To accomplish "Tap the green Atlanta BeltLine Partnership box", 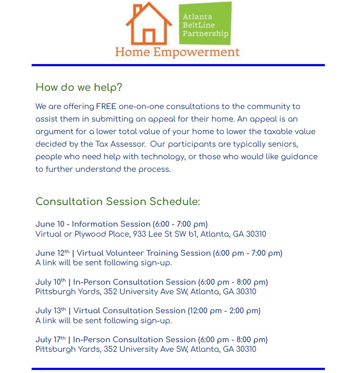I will pos(205,23).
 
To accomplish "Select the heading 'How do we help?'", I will pos(79,87).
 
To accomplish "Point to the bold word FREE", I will pos(106,106).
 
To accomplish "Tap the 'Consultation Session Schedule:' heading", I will pos(118,202).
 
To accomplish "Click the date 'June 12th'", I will pos(52,253).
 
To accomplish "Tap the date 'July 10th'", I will pos(51,282).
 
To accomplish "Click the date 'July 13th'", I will pos(51,311).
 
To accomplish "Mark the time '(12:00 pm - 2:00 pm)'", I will pos(224,311).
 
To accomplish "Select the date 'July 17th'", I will pos(51,340).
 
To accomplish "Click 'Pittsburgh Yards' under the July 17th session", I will pos(68,349).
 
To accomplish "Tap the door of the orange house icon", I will pos(149,36).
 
